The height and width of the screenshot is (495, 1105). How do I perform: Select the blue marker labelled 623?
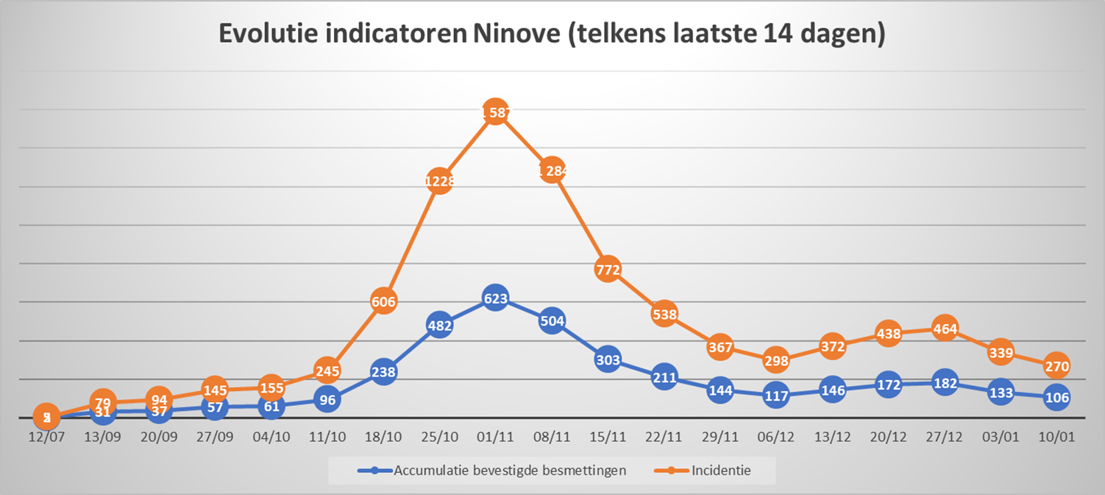coord(495,298)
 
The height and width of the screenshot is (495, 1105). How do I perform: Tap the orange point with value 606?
coord(383,301)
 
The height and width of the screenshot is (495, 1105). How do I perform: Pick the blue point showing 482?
coord(439,325)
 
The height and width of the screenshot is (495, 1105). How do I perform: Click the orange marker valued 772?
coord(608,269)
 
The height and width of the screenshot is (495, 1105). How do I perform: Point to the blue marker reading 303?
coord(608,360)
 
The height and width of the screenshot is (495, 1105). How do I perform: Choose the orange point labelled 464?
coord(944,329)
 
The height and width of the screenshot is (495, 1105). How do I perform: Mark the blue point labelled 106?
coord(1056,396)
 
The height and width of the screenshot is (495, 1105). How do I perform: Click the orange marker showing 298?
coord(776,360)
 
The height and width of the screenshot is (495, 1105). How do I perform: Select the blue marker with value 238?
coord(383,372)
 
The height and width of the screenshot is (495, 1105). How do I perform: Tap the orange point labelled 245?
coord(327,371)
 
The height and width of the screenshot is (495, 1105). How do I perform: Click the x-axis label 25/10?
coord(439,437)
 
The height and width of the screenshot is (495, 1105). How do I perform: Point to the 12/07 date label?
coord(46,437)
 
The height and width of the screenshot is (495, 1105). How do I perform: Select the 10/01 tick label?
coord(1056,437)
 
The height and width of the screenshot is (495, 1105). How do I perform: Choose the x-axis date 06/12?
coord(776,437)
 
